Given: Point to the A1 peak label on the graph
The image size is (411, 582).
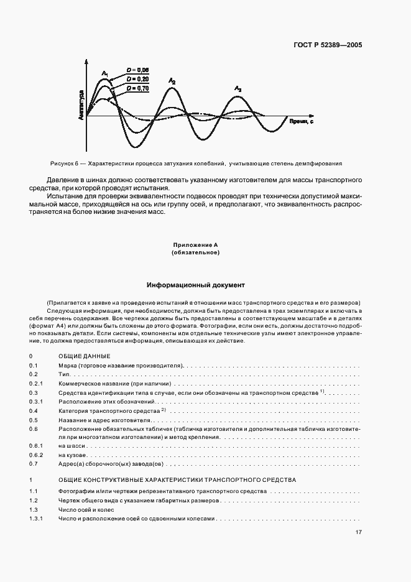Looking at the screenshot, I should pos(105,75).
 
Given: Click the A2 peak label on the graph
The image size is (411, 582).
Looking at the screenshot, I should pos(172,81).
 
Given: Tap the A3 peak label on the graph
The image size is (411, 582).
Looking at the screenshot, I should pos(238,90).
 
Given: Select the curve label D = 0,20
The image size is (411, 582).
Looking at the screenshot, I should pos(137,80).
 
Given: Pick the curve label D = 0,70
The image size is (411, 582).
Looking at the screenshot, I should pos(137,89).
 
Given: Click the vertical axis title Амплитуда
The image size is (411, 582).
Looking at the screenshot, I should pos(81,104).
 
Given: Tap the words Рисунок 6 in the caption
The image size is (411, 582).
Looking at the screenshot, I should pos(63,164).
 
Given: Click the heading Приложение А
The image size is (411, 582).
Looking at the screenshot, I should pos(196,246).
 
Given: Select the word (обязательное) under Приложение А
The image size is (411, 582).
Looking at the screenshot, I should pos(196,253).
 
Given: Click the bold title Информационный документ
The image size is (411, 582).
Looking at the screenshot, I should pos(196,285).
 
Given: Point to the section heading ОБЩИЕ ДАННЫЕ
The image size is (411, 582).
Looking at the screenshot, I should pos(85,356).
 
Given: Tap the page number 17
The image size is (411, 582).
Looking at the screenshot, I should pos(359,532).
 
